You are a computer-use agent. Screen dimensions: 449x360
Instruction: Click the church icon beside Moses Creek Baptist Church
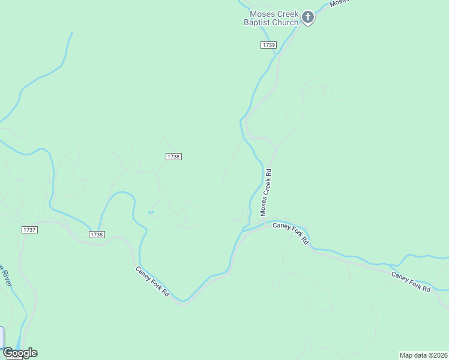308,17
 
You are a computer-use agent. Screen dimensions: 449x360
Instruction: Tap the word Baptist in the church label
257,23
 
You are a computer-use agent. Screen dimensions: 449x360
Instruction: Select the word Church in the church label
285,23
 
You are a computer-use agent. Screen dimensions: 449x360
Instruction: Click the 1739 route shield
268,45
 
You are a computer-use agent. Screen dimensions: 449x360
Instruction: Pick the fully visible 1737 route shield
29,230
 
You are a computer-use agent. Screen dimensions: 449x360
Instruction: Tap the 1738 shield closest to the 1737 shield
97,235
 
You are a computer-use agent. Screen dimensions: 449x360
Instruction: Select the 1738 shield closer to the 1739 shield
173,157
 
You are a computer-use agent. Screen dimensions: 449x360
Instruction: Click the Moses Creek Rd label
266,192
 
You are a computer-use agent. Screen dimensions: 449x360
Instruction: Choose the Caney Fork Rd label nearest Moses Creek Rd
291,233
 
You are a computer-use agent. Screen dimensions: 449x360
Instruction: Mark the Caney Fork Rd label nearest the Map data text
411,282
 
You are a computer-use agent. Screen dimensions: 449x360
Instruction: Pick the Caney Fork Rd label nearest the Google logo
152,284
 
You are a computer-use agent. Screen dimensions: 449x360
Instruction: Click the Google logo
20,353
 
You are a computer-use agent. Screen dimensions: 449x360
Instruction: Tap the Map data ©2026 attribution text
424,355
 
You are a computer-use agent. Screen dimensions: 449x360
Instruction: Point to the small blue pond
150,212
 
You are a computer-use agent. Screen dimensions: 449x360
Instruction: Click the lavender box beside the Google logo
2,337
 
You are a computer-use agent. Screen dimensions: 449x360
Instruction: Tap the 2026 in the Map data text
439,355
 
